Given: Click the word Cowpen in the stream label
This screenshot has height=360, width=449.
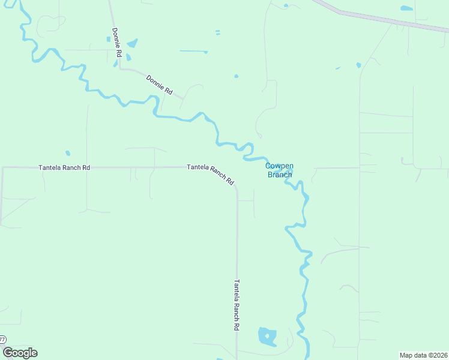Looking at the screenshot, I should click(x=279, y=166).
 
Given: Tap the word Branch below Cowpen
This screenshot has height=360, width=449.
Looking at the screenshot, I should click(x=279, y=175).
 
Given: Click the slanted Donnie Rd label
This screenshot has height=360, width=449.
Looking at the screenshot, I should click(x=159, y=85).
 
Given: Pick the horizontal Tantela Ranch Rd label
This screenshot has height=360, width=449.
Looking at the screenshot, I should click(x=64, y=168).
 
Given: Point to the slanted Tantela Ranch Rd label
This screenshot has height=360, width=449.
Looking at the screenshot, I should click(x=210, y=174).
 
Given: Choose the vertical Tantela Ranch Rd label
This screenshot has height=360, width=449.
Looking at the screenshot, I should click(x=237, y=305).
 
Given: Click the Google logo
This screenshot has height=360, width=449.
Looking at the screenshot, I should click(x=20, y=353).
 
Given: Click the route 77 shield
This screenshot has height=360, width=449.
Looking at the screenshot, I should click(x=2, y=340).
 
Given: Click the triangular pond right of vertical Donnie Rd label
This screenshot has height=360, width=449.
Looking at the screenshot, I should click(x=131, y=43).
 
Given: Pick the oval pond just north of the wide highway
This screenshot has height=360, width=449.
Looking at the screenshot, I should click(x=406, y=8).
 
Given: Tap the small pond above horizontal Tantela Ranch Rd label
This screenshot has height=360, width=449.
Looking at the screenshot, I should click(x=68, y=153).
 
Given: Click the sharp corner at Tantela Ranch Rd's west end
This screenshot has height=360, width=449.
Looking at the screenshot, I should click(x=3, y=168).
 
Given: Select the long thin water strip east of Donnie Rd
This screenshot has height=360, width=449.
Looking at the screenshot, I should click(x=193, y=51).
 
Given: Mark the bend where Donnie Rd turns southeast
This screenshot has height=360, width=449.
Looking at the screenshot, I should click(x=121, y=68).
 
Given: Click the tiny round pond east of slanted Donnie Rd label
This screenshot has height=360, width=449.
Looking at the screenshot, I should click(x=236, y=76).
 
